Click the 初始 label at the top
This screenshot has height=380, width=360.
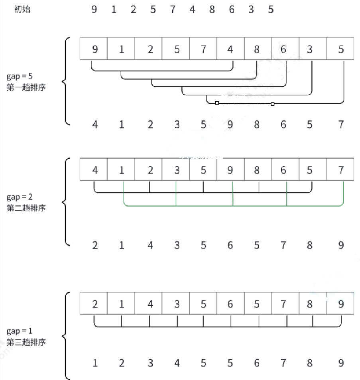22,9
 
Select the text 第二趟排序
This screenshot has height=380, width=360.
26,208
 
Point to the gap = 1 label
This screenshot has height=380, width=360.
20,331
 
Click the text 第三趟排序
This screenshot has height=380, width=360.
26,342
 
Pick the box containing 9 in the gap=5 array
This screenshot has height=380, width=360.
94,49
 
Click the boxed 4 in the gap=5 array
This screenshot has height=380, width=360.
230,49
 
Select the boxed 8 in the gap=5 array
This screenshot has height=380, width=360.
257,49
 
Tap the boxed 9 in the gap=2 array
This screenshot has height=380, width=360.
230,170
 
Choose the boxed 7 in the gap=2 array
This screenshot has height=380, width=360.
340,170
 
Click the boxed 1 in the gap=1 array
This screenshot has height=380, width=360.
122,305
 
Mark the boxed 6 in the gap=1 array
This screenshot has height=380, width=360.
230,305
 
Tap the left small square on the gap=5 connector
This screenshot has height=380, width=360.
217,103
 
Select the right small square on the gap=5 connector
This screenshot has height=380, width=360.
273,104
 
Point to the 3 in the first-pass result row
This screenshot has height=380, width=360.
177,125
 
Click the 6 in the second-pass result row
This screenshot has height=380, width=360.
230,245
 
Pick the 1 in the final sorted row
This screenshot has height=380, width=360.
95,363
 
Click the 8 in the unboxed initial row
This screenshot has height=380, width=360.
212,9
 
